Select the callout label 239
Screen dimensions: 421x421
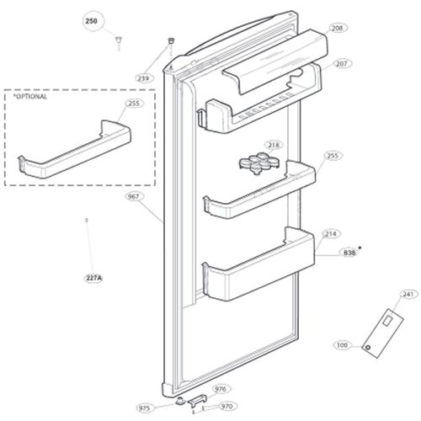[144, 78]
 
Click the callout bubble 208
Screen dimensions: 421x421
[338, 28]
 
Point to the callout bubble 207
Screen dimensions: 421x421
[341, 63]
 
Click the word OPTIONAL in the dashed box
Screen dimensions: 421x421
[31, 97]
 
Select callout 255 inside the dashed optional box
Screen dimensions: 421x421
[133, 104]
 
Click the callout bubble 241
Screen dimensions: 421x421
[386, 295]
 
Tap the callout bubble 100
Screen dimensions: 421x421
[342, 345]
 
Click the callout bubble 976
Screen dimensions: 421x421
[221, 389]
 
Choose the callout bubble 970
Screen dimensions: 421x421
[226, 406]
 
